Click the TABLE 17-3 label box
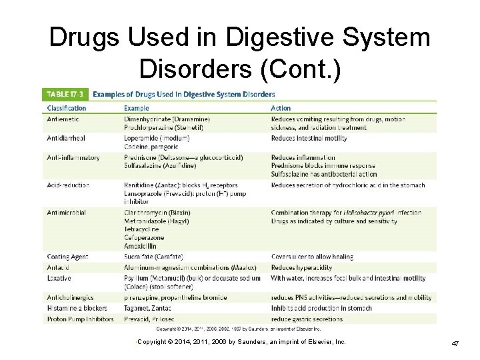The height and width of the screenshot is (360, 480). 65,94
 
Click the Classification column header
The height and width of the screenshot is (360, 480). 67,108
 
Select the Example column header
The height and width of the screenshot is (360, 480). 137,108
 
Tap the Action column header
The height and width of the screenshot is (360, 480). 281,108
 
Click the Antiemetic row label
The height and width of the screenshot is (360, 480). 63,119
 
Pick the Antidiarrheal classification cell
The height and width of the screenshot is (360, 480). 66,138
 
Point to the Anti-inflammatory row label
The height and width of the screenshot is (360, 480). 73,158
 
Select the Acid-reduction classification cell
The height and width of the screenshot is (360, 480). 68,185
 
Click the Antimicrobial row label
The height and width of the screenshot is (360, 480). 67,213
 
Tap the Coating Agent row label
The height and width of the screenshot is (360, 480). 67,257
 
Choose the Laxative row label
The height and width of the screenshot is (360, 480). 59,278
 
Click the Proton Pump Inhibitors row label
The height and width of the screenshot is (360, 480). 80,319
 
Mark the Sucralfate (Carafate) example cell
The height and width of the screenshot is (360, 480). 154,257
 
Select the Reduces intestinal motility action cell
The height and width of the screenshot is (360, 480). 309,138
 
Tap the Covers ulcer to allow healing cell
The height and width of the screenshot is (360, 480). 312,257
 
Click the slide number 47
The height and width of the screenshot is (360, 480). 455,343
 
